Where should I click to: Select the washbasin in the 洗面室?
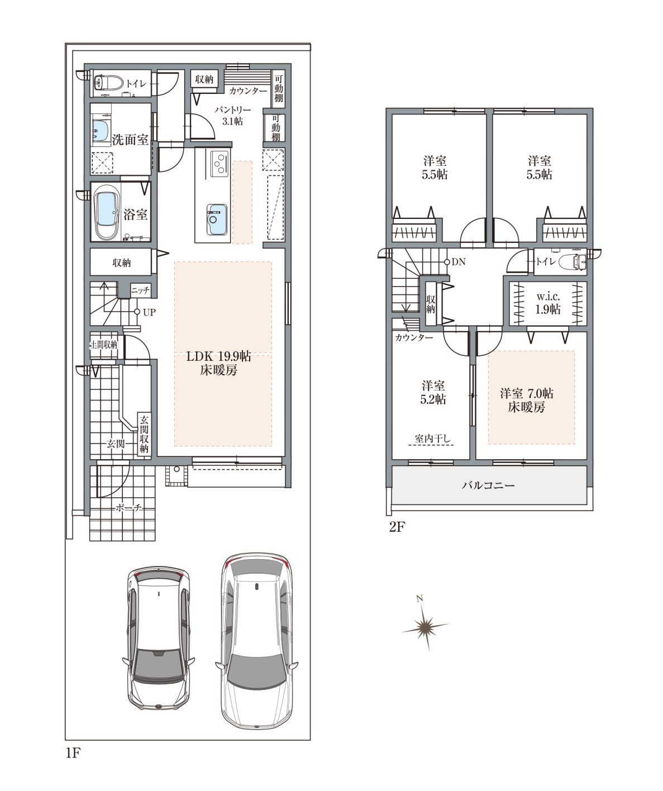(101, 131)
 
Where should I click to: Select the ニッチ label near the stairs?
(140, 290)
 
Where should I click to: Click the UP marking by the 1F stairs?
(149, 312)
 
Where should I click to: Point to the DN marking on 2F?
(459, 261)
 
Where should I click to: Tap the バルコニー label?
(488, 485)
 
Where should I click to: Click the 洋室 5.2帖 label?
(433, 392)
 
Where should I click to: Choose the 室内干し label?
(433, 439)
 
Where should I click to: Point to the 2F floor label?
(396, 528)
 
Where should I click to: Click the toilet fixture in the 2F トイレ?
(573, 261)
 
